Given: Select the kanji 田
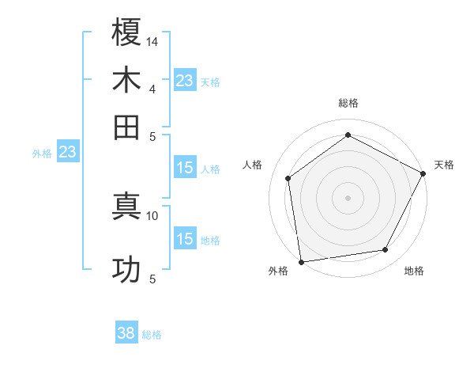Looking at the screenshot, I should coord(126,127).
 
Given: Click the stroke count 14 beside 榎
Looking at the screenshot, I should coord(152,40).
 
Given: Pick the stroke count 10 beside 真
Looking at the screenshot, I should coord(152,215).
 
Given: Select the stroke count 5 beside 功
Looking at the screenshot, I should coord(152,279).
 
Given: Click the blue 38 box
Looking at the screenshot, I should coord(126,334).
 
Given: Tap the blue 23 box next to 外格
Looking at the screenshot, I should coord(66,152).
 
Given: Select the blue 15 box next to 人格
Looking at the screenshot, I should coord(185,168).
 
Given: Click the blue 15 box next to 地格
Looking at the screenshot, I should coord(185,239).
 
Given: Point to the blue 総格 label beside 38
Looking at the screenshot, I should coord(152,335).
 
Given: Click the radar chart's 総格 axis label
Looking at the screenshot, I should coord(348,103).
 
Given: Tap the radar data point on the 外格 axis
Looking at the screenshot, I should coord(301,261).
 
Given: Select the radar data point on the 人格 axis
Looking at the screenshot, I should coord(288,178).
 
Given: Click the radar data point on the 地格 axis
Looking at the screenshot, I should coord(386,250).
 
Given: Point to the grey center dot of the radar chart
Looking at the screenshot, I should coord(348,197).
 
